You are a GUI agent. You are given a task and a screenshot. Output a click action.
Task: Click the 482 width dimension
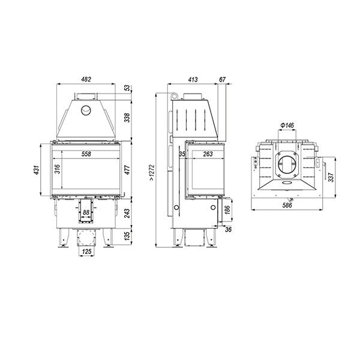[86, 79]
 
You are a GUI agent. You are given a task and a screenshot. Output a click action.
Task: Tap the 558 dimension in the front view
[86, 154]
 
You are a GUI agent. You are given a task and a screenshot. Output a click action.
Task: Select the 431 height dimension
[37, 169]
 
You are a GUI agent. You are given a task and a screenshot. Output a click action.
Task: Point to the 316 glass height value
[57, 169]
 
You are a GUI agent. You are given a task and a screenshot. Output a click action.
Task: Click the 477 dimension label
[127, 169]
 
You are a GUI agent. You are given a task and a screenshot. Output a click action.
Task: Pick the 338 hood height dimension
[127, 118]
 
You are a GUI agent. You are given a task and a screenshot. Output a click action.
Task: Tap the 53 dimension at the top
[127, 88]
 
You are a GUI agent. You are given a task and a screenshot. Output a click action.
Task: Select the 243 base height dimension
[127, 213]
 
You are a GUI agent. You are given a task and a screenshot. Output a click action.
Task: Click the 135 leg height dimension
[127, 236]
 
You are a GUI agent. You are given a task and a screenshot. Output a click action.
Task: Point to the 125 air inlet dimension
[86, 251]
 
